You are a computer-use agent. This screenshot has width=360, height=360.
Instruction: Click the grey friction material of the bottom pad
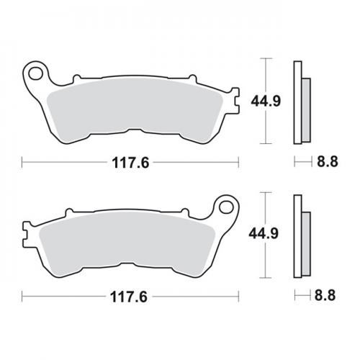(130, 245)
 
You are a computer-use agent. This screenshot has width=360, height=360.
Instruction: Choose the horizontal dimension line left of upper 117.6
(65, 163)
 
